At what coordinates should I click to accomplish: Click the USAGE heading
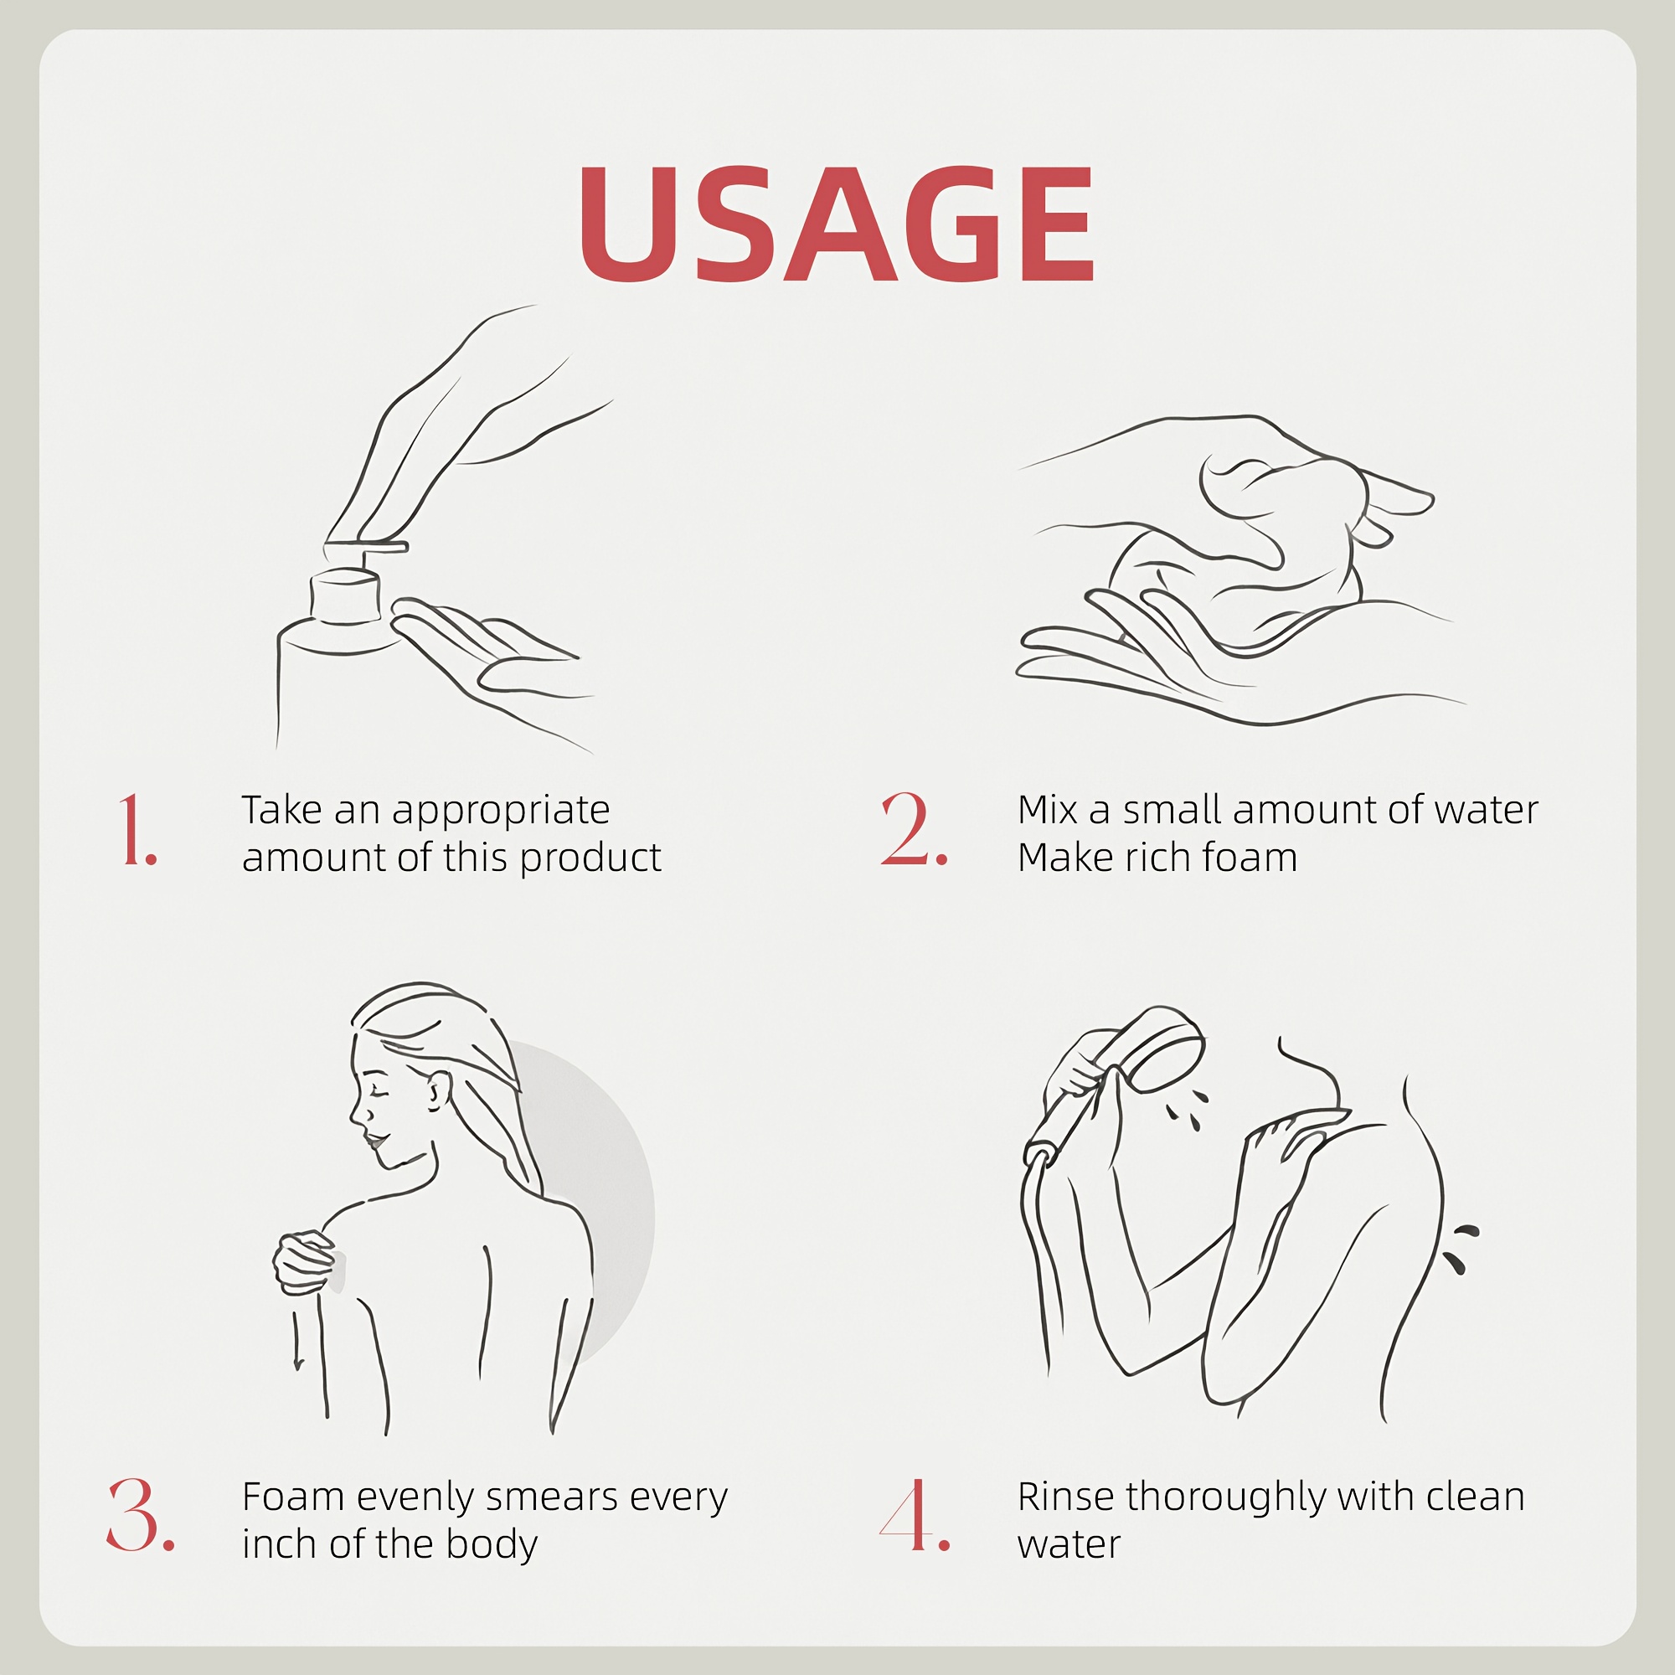click(x=837, y=224)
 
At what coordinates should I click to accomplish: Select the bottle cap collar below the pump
click(x=345, y=595)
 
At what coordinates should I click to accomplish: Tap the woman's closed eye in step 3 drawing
click(x=374, y=1087)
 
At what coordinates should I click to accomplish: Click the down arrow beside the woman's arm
click(x=297, y=1339)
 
